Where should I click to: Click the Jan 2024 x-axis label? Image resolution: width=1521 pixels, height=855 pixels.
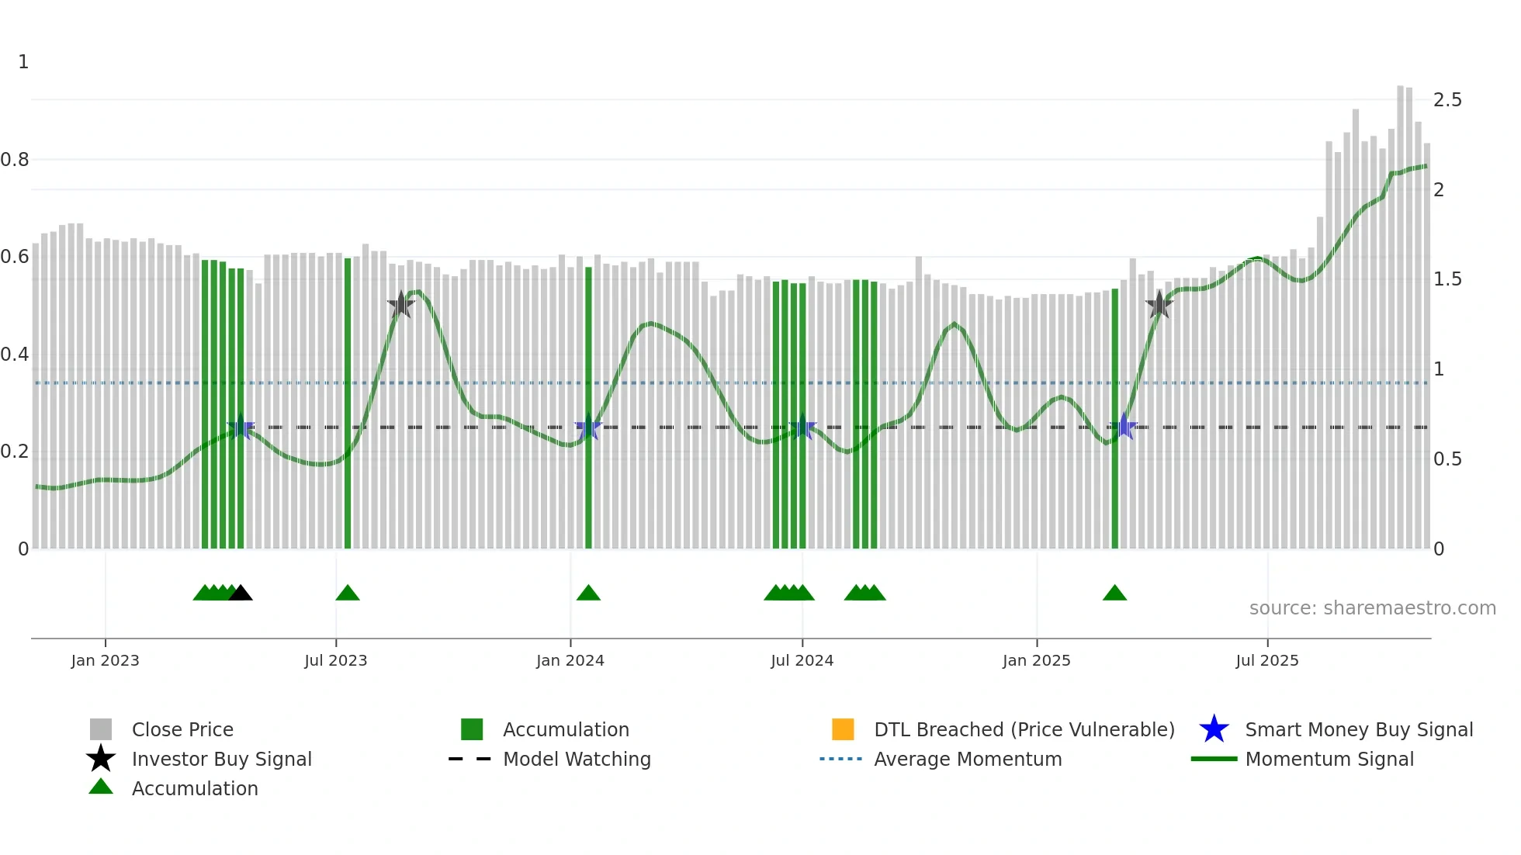click(x=570, y=660)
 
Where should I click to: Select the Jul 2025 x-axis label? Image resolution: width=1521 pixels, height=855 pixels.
click(x=1266, y=660)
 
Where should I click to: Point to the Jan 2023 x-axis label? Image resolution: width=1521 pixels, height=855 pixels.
click(x=105, y=660)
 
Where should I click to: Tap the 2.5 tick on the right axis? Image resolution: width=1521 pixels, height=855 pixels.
click(x=1447, y=100)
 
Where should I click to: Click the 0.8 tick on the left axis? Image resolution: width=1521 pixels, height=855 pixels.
click(x=15, y=160)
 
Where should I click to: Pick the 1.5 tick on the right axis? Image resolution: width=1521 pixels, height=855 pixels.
click(x=1447, y=279)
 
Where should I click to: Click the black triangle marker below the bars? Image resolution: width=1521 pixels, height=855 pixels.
click(x=241, y=593)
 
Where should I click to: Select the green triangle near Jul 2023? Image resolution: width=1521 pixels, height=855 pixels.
click(x=348, y=593)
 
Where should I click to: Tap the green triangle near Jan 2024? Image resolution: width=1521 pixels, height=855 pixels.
click(x=588, y=593)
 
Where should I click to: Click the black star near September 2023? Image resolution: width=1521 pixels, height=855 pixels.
click(x=401, y=305)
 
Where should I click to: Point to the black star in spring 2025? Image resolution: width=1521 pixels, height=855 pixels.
click(x=1159, y=305)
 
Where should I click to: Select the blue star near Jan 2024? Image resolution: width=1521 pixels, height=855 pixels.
click(x=588, y=427)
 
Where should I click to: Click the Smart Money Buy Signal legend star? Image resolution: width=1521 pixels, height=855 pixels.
click(x=1214, y=729)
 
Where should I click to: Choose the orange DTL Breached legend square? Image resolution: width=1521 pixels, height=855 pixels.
click(x=843, y=729)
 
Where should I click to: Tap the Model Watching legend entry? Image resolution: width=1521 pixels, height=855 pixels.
click(x=576, y=759)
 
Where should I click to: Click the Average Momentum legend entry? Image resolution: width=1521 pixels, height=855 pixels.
click(x=967, y=759)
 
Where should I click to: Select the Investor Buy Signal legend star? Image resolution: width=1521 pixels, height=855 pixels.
click(x=101, y=759)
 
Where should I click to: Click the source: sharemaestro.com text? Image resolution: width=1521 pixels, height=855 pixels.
click(x=1372, y=608)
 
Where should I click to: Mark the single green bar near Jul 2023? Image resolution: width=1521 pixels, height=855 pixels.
click(x=348, y=403)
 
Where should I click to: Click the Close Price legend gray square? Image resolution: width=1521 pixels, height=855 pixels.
click(x=101, y=729)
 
